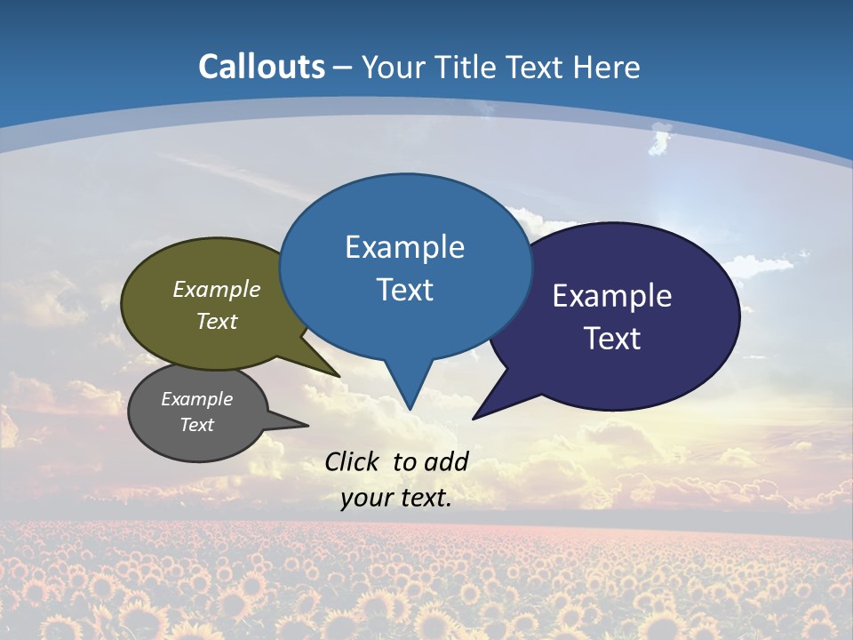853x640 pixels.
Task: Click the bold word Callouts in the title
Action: pos(261,67)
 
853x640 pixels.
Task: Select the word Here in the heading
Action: pos(606,67)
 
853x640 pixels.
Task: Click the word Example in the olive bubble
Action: pos(217,289)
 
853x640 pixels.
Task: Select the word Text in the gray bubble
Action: pos(197,425)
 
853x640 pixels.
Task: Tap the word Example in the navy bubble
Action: pos(612,295)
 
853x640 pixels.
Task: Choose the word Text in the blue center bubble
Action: pos(405,289)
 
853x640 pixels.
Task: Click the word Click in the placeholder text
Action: pos(352,461)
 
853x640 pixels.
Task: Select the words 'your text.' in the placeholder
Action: pos(396,498)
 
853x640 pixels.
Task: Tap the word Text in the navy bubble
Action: pos(613,338)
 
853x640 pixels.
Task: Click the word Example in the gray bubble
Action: pos(197,399)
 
